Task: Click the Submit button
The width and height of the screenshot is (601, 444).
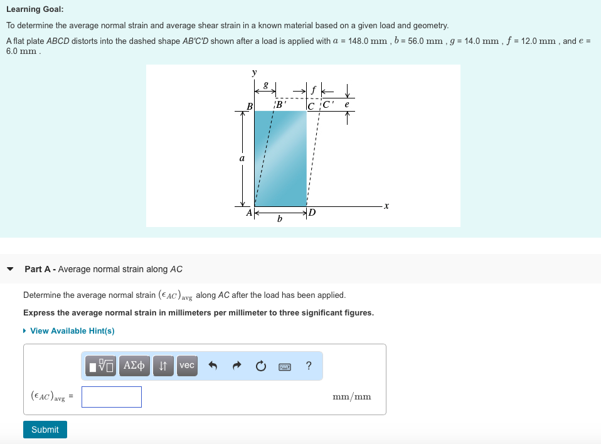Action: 45,430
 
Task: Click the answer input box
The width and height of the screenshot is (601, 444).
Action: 112,397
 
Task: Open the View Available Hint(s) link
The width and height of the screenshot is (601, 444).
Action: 72,330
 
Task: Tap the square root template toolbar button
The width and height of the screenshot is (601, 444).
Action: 101,366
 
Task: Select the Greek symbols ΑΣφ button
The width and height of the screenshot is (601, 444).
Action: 134,366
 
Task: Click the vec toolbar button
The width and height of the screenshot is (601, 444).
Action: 187,366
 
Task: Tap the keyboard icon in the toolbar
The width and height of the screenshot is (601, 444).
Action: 284,366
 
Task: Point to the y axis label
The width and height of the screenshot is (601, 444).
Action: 254,73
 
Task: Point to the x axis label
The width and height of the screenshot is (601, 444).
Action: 386,206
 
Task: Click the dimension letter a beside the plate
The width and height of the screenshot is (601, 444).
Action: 242,159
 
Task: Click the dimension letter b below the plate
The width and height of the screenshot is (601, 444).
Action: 280,219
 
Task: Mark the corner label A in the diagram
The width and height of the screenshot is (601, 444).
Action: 249,213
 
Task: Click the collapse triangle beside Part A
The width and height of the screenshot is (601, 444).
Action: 10,269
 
